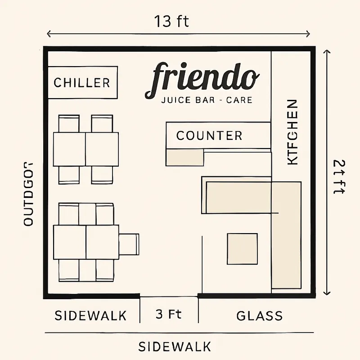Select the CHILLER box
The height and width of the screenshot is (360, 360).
pyautogui.click(x=82, y=83)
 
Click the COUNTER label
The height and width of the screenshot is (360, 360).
pyautogui.click(x=209, y=135)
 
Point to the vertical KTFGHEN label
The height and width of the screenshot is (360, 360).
pyautogui.click(x=292, y=132)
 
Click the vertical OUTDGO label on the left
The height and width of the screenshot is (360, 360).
pyautogui.click(x=28, y=193)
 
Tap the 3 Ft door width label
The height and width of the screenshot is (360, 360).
pyautogui.click(x=169, y=314)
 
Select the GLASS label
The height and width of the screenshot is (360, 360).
pyautogui.click(x=260, y=316)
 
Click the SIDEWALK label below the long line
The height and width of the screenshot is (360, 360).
pyautogui.click(x=175, y=347)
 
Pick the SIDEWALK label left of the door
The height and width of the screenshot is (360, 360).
pyautogui.click(x=90, y=315)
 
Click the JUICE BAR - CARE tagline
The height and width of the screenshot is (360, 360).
pyautogui.click(x=206, y=99)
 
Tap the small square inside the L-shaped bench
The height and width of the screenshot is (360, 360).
pyautogui.click(x=242, y=248)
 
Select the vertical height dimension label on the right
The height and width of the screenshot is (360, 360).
pyautogui.click(x=338, y=177)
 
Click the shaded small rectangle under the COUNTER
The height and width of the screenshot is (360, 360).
pyautogui.click(x=185, y=157)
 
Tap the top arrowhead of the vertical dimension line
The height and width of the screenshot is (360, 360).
pyautogui.click(x=327, y=51)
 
